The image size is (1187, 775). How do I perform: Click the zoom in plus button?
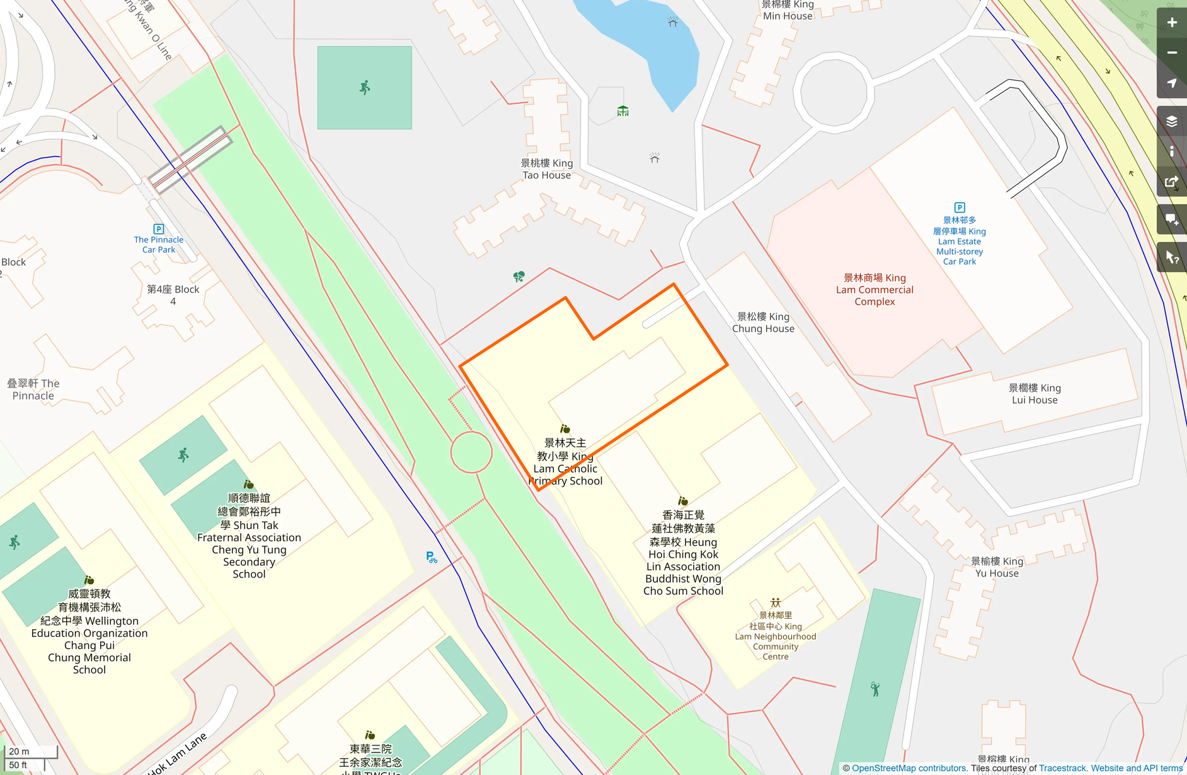tap(1171, 23)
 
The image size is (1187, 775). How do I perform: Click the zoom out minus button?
tap(1171, 53)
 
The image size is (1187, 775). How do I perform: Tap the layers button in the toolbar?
tap(1171, 121)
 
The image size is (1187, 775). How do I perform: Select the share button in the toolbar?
tap(1171, 182)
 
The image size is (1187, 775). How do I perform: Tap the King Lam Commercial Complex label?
tap(874, 290)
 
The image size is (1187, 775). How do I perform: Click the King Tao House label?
tap(546, 169)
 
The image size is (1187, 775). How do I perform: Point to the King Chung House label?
tap(763, 323)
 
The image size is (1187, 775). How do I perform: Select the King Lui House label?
tap(1035, 394)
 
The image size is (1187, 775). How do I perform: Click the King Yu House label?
tap(997, 567)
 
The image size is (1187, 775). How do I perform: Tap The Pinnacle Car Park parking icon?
tap(159, 229)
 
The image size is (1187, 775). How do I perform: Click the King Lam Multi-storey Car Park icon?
tap(960, 207)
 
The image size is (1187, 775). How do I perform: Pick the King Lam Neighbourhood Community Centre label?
tap(775, 636)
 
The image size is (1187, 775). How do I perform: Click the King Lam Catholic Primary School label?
tap(565, 462)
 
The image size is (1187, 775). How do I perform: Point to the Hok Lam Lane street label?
tap(178, 754)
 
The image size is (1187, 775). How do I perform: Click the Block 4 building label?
tap(173, 295)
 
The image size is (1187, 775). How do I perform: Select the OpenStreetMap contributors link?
tap(909, 768)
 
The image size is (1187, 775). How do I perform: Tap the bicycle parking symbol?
tap(432, 557)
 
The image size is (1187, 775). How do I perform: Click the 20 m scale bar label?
tap(20, 751)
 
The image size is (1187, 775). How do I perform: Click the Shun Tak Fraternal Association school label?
tap(249, 536)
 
